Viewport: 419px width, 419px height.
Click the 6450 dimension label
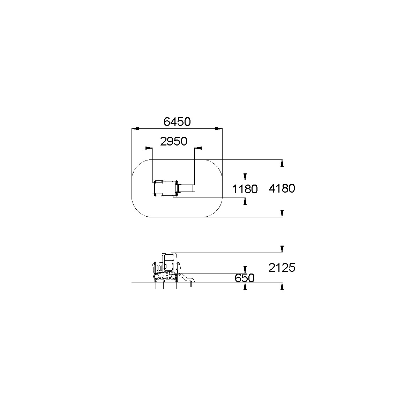pyautogui.click(x=177, y=122)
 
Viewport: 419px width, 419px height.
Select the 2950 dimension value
pyautogui.click(x=173, y=141)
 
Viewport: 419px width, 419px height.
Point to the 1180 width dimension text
pyautogui.click(x=245, y=189)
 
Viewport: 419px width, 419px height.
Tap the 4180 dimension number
pyautogui.click(x=282, y=188)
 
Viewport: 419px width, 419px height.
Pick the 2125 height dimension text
pyautogui.click(x=282, y=268)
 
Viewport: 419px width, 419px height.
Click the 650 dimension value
pyautogui.click(x=245, y=278)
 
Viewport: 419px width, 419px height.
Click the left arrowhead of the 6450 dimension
pyautogui.click(x=135, y=128)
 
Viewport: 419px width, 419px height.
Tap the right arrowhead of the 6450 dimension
pyautogui.click(x=219, y=128)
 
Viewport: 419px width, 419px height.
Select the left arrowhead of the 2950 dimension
pyautogui.click(x=149, y=148)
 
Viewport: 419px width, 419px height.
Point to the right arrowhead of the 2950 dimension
pyautogui.click(x=198, y=148)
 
